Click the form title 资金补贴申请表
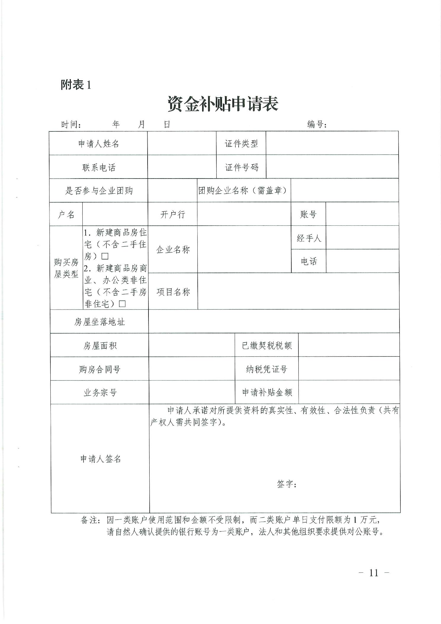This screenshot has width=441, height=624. [x=223, y=104]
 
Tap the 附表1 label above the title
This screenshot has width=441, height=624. [x=76, y=85]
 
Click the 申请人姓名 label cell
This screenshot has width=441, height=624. [x=98, y=144]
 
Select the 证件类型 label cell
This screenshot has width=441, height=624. [x=241, y=144]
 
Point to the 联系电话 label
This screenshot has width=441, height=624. [x=98, y=168]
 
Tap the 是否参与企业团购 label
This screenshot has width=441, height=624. [x=99, y=191]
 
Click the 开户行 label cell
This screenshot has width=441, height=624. [x=172, y=214]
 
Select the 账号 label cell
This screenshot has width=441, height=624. [x=308, y=214]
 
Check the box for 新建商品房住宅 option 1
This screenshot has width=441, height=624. [x=105, y=256]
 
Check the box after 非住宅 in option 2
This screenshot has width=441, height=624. [x=122, y=304]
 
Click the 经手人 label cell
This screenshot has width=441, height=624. [x=309, y=238]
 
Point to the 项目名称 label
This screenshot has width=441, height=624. [x=173, y=292]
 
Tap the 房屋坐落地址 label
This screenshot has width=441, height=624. [x=100, y=322]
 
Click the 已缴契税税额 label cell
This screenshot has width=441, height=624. [x=267, y=346]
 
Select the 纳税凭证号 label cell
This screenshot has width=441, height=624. [x=267, y=369]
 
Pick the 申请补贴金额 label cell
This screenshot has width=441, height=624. [x=267, y=393]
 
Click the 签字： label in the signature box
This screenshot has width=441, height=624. [x=287, y=484]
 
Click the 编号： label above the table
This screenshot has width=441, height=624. [x=317, y=124]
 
